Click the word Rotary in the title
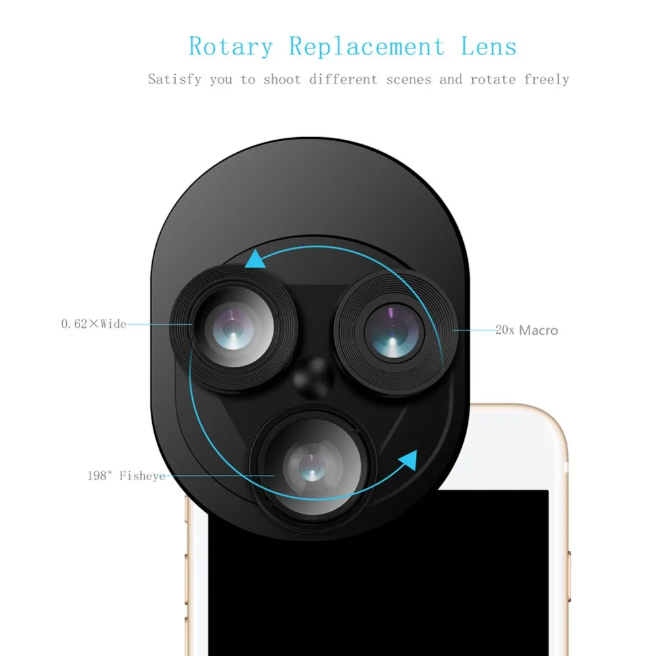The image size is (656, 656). (x=230, y=47)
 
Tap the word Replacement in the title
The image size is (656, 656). (x=367, y=46)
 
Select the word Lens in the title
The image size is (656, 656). (x=489, y=46)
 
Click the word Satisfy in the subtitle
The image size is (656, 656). (x=174, y=79)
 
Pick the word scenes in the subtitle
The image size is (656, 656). (x=408, y=79)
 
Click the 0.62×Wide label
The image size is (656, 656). (x=94, y=324)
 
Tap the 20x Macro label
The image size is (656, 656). (x=527, y=331)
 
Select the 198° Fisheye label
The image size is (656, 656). (x=127, y=476)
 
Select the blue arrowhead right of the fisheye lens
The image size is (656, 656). (x=408, y=461)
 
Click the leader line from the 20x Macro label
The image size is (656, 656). (x=474, y=331)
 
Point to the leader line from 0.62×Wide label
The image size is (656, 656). (x=160, y=324)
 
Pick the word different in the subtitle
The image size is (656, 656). (x=343, y=79)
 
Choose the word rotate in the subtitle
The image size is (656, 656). (x=493, y=79)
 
